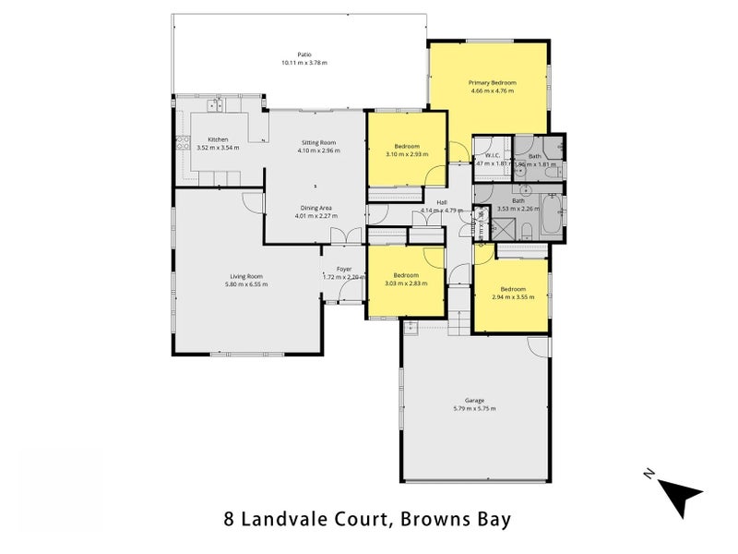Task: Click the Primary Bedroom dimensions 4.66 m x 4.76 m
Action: [493, 91]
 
